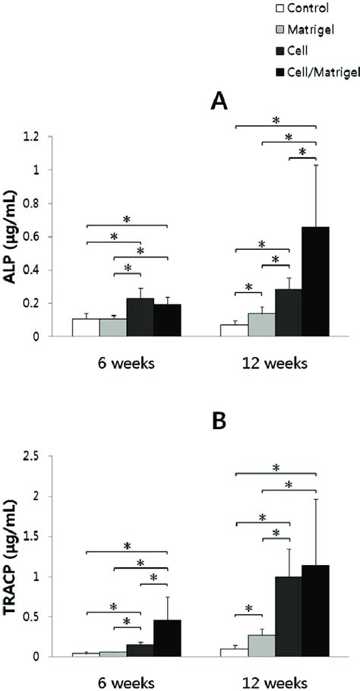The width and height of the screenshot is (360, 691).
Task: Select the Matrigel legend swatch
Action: (x=278, y=30)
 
